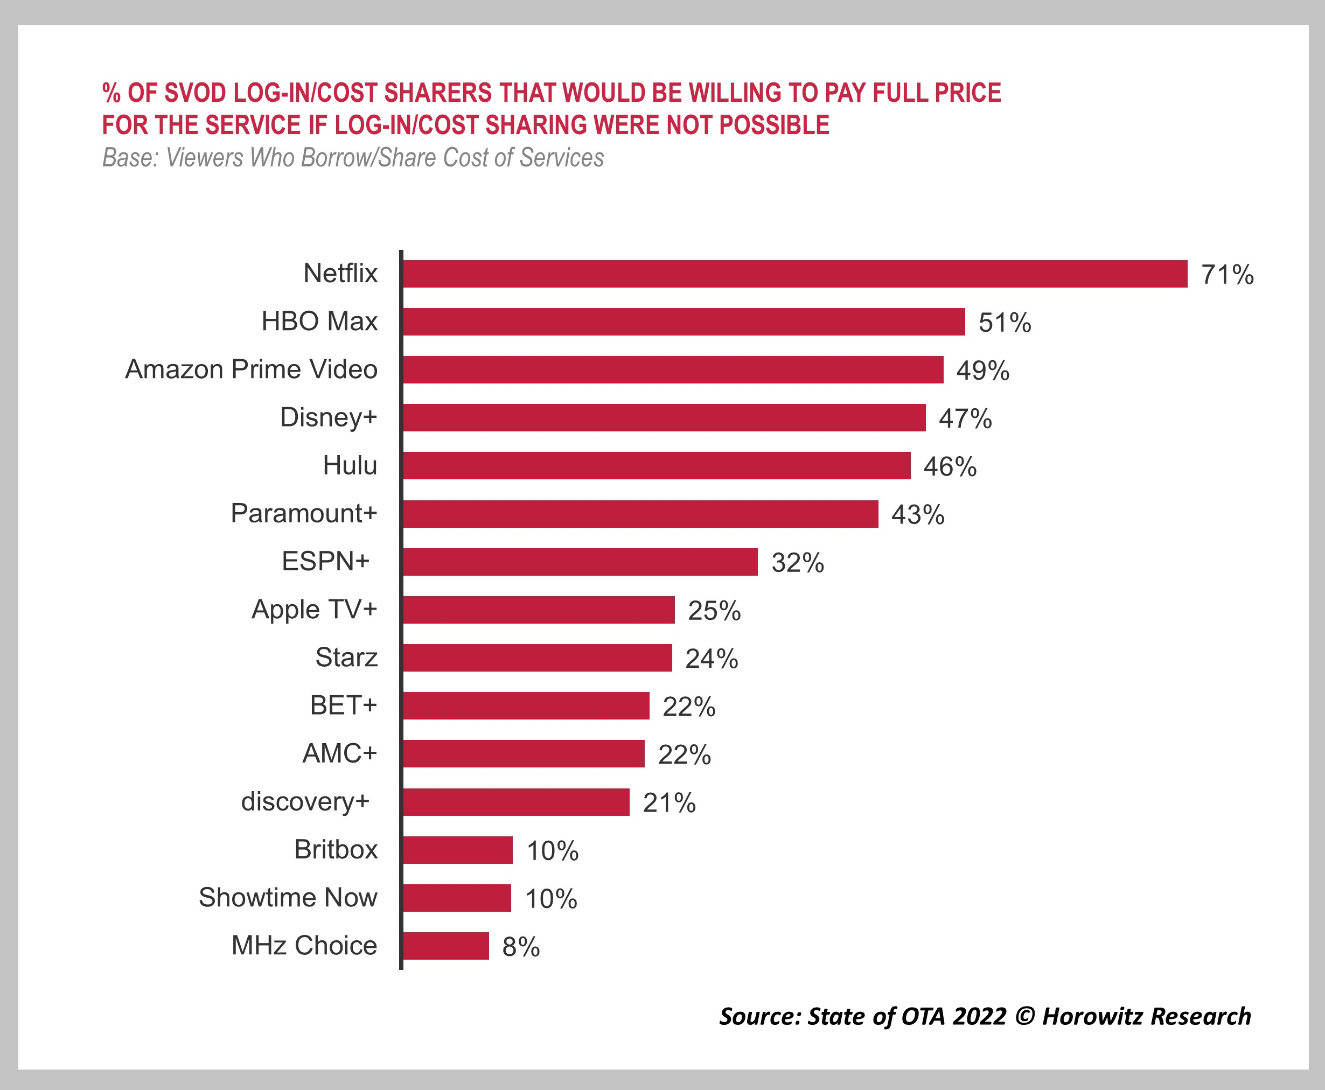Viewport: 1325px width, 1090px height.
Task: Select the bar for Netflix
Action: [794, 274]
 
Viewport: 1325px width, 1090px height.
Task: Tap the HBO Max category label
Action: [319, 322]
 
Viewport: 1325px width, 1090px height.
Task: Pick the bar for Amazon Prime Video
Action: [673, 370]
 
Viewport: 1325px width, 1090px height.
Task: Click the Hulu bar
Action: [656, 466]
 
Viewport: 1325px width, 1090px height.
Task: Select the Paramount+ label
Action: [303, 514]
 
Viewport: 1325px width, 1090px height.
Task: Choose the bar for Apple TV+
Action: [539, 610]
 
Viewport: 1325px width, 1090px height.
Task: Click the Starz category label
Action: [346, 658]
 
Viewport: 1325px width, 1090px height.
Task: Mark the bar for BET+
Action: [526, 705]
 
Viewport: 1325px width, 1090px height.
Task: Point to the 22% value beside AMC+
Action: [684, 754]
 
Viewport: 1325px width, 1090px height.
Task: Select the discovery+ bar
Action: [515, 802]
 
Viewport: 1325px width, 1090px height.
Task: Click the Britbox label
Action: [336, 849]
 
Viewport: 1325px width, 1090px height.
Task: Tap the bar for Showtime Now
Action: [457, 898]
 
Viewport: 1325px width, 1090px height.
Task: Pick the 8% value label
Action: [521, 947]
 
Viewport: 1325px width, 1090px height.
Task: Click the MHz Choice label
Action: [304, 946]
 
